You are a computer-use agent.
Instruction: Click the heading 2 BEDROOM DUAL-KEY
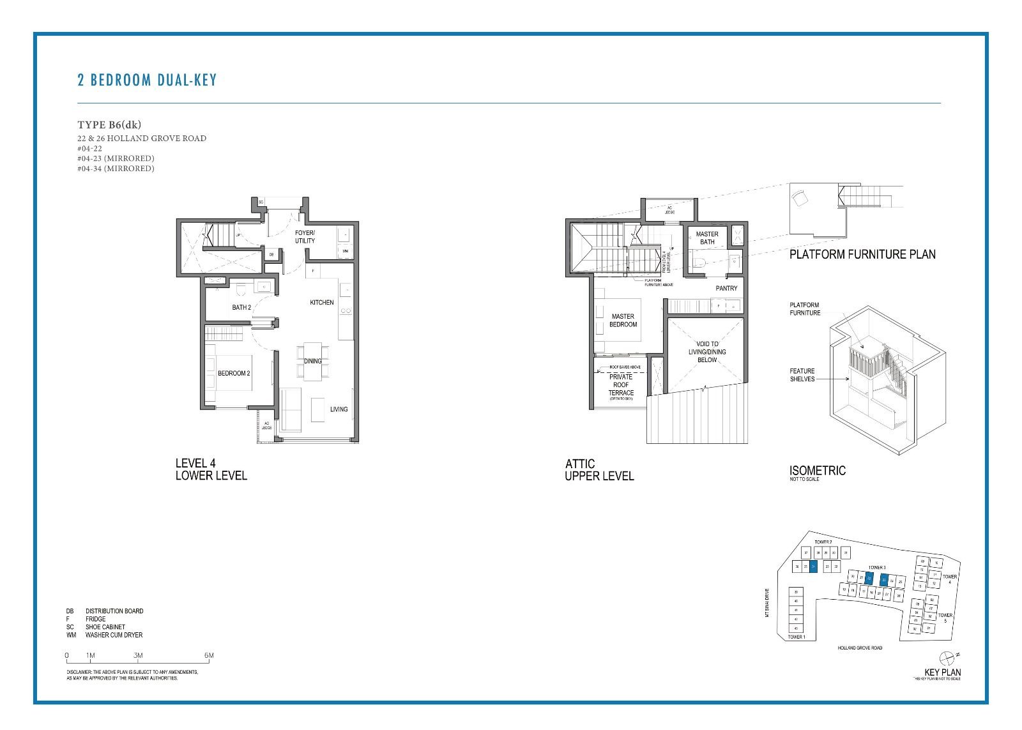tap(147, 80)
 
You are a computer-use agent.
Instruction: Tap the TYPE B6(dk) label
tap(109, 125)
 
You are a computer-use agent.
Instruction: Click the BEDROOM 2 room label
tap(234, 373)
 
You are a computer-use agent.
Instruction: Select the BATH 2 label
tap(241, 307)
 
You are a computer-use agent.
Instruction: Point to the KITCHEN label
tap(322, 302)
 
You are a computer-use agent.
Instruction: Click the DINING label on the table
tap(313, 361)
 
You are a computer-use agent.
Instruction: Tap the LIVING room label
tap(339, 409)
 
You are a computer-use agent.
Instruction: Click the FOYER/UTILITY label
tap(305, 237)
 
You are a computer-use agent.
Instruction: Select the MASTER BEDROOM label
tap(623, 320)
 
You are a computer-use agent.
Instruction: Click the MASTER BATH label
tap(707, 238)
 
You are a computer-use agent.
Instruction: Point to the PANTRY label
tap(726, 288)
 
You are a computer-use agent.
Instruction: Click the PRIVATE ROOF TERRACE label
tap(621, 384)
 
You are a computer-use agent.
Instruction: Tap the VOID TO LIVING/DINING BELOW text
tap(707, 352)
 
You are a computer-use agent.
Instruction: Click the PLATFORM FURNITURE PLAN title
tap(862, 254)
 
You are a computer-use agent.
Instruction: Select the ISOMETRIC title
tap(817, 471)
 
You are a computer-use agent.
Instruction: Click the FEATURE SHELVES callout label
tap(802, 375)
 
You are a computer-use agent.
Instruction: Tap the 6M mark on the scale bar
tap(209, 655)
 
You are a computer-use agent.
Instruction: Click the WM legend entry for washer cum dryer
tap(105, 635)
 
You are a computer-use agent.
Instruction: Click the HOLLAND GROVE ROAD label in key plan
tap(860, 648)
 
